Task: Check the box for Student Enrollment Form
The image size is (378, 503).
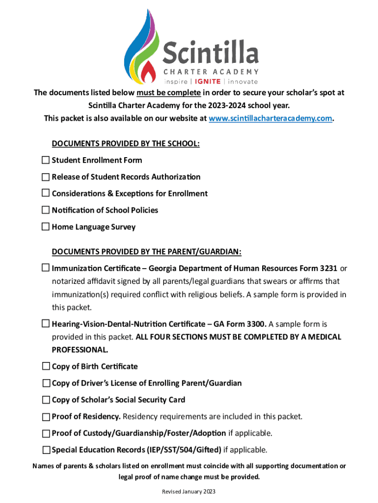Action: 46,160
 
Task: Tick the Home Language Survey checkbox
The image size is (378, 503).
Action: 46,227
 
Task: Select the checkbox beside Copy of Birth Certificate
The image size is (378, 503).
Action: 46,366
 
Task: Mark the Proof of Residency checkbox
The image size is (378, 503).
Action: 46,417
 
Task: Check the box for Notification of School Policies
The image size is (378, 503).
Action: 46,210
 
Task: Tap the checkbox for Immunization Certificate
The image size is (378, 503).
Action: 46,269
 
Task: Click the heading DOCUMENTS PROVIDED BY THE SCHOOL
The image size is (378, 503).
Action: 126,143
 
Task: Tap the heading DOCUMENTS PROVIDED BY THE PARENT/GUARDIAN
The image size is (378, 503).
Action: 146,252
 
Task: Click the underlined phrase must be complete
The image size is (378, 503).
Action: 168,93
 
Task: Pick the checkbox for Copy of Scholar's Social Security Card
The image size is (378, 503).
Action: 46,400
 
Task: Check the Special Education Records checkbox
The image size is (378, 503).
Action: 46,450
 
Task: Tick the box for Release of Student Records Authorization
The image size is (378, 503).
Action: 46,177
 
